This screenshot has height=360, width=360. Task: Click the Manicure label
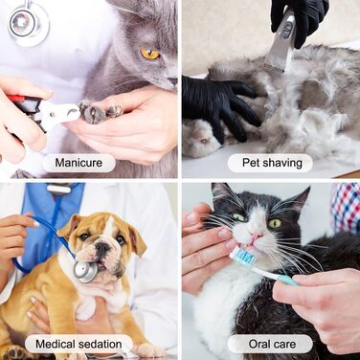point(79,163)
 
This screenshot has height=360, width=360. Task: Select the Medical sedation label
point(79,344)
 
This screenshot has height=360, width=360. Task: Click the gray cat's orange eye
point(150,54)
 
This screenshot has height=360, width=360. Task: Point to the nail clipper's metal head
point(64,112)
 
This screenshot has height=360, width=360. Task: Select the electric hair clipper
point(281,40)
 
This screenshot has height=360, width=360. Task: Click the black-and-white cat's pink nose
point(257,236)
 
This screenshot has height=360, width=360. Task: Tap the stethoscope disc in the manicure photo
point(28,23)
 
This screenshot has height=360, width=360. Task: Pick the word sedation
point(100,344)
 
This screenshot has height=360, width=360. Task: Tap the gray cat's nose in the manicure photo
point(173,81)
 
